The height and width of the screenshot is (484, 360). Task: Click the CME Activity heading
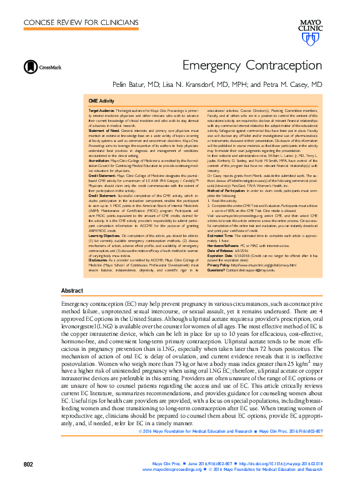pos(101,100)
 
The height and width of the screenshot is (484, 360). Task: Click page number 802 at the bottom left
pos(28,463)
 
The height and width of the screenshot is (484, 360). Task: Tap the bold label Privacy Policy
pos(218,265)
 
